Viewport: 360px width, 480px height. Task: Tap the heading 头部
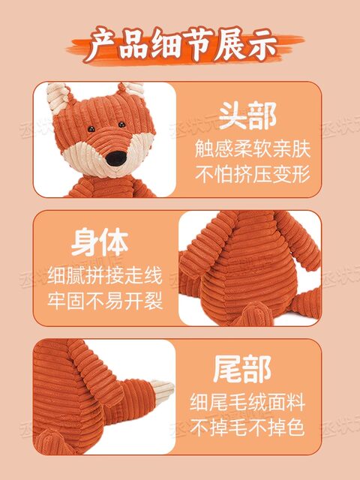(247, 116)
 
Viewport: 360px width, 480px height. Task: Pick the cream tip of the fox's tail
(160, 391)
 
